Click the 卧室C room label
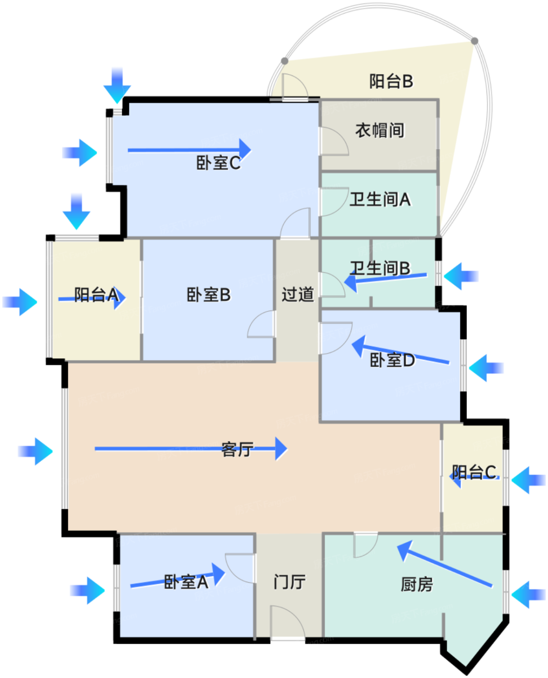tap(218, 163)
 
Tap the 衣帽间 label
tap(380, 130)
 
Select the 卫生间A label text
tap(380, 199)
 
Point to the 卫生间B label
tap(380, 268)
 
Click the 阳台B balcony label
tap(391, 81)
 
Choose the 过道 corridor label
tap(297, 294)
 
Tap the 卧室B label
tap(208, 294)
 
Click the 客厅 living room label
tap(237, 449)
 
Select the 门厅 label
tap(289, 582)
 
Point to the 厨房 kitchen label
tap(416, 585)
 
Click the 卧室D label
tap(392, 360)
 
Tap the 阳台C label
tap(474, 472)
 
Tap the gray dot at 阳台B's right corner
tap(474, 41)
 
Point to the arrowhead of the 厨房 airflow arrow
tap(403, 550)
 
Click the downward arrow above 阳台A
tap(76, 212)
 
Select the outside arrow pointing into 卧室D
tap(486, 368)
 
